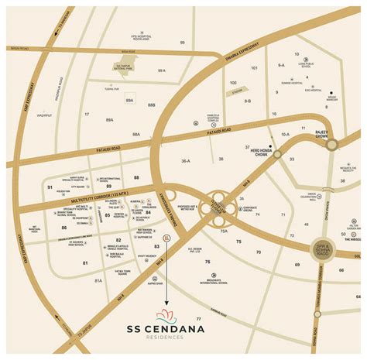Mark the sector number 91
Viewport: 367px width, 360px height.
click(50, 187)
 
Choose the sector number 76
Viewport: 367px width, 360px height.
click(208, 262)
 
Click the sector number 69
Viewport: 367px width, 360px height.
click(297, 265)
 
